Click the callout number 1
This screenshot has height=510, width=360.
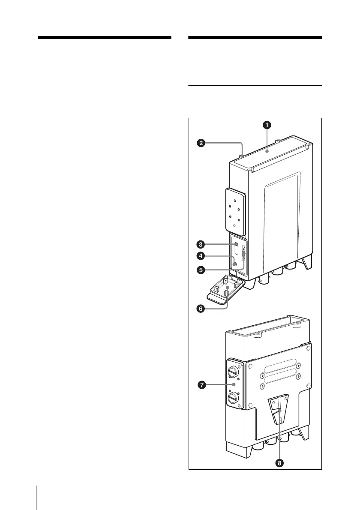pyautogui.click(x=267, y=125)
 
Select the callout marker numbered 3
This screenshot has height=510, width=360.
pyautogui.click(x=200, y=244)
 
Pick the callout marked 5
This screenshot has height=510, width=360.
pyautogui.click(x=200, y=270)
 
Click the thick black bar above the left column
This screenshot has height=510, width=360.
pyautogui.click(x=104, y=38)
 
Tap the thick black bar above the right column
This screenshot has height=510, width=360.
pyautogui.click(x=255, y=38)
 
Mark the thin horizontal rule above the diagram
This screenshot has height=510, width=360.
pyautogui.click(x=255, y=85)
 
